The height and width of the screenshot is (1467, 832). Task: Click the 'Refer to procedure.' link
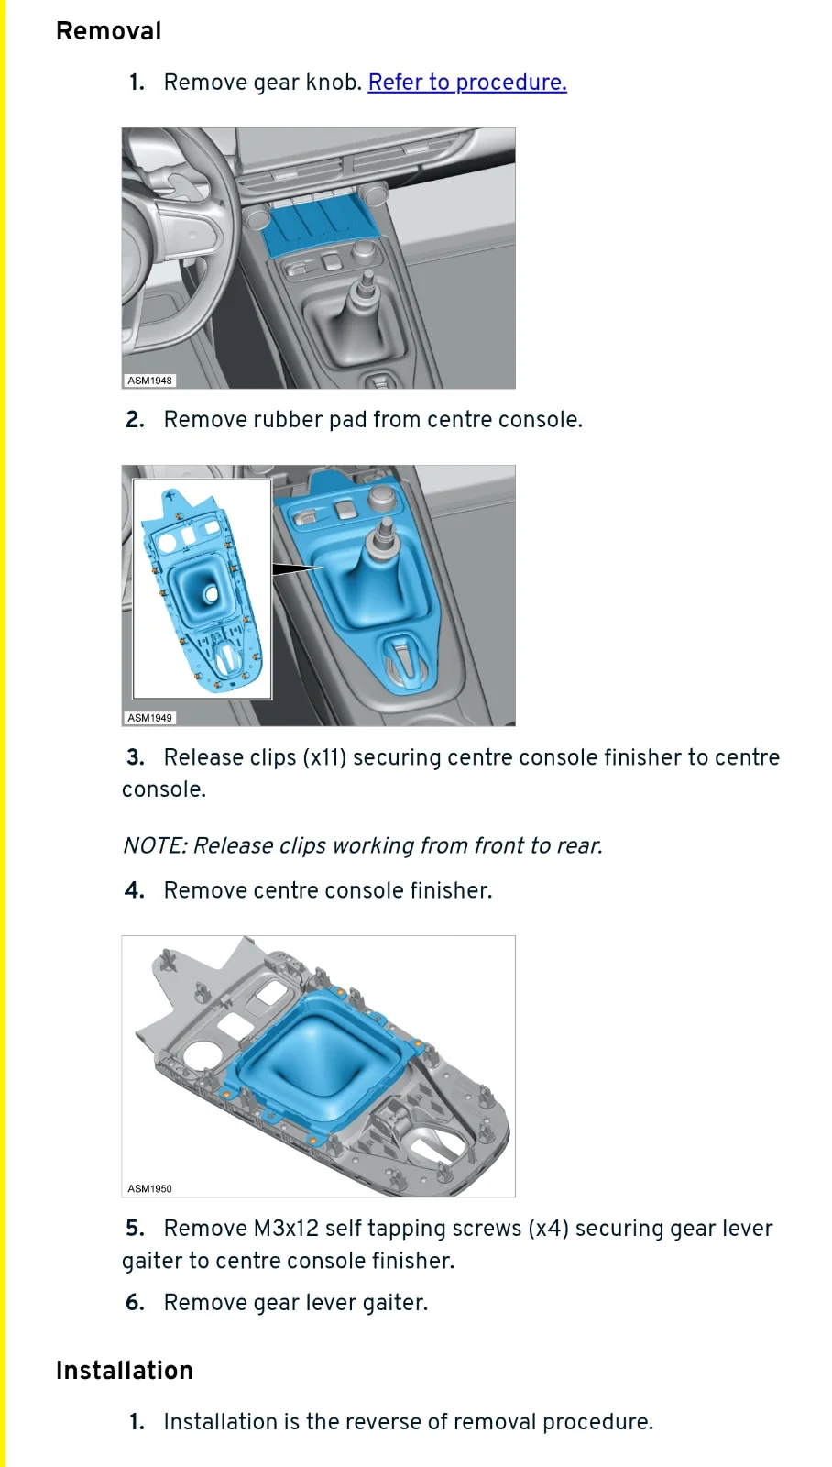[x=466, y=83]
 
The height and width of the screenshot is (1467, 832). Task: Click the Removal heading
[x=109, y=31]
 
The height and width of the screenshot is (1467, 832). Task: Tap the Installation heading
[x=125, y=1370]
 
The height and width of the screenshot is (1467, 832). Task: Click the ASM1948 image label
[x=150, y=381]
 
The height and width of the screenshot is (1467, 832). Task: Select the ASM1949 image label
[x=150, y=718]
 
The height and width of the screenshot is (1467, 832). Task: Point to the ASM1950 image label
[x=150, y=1188]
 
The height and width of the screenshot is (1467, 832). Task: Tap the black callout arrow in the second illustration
[x=297, y=569]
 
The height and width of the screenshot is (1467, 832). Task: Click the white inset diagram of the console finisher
[x=203, y=590]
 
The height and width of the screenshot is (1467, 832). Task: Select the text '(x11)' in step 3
[x=324, y=757]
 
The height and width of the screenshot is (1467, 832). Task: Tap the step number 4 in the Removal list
[x=134, y=890]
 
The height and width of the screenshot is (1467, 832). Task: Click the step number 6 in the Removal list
[x=135, y=1303]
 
